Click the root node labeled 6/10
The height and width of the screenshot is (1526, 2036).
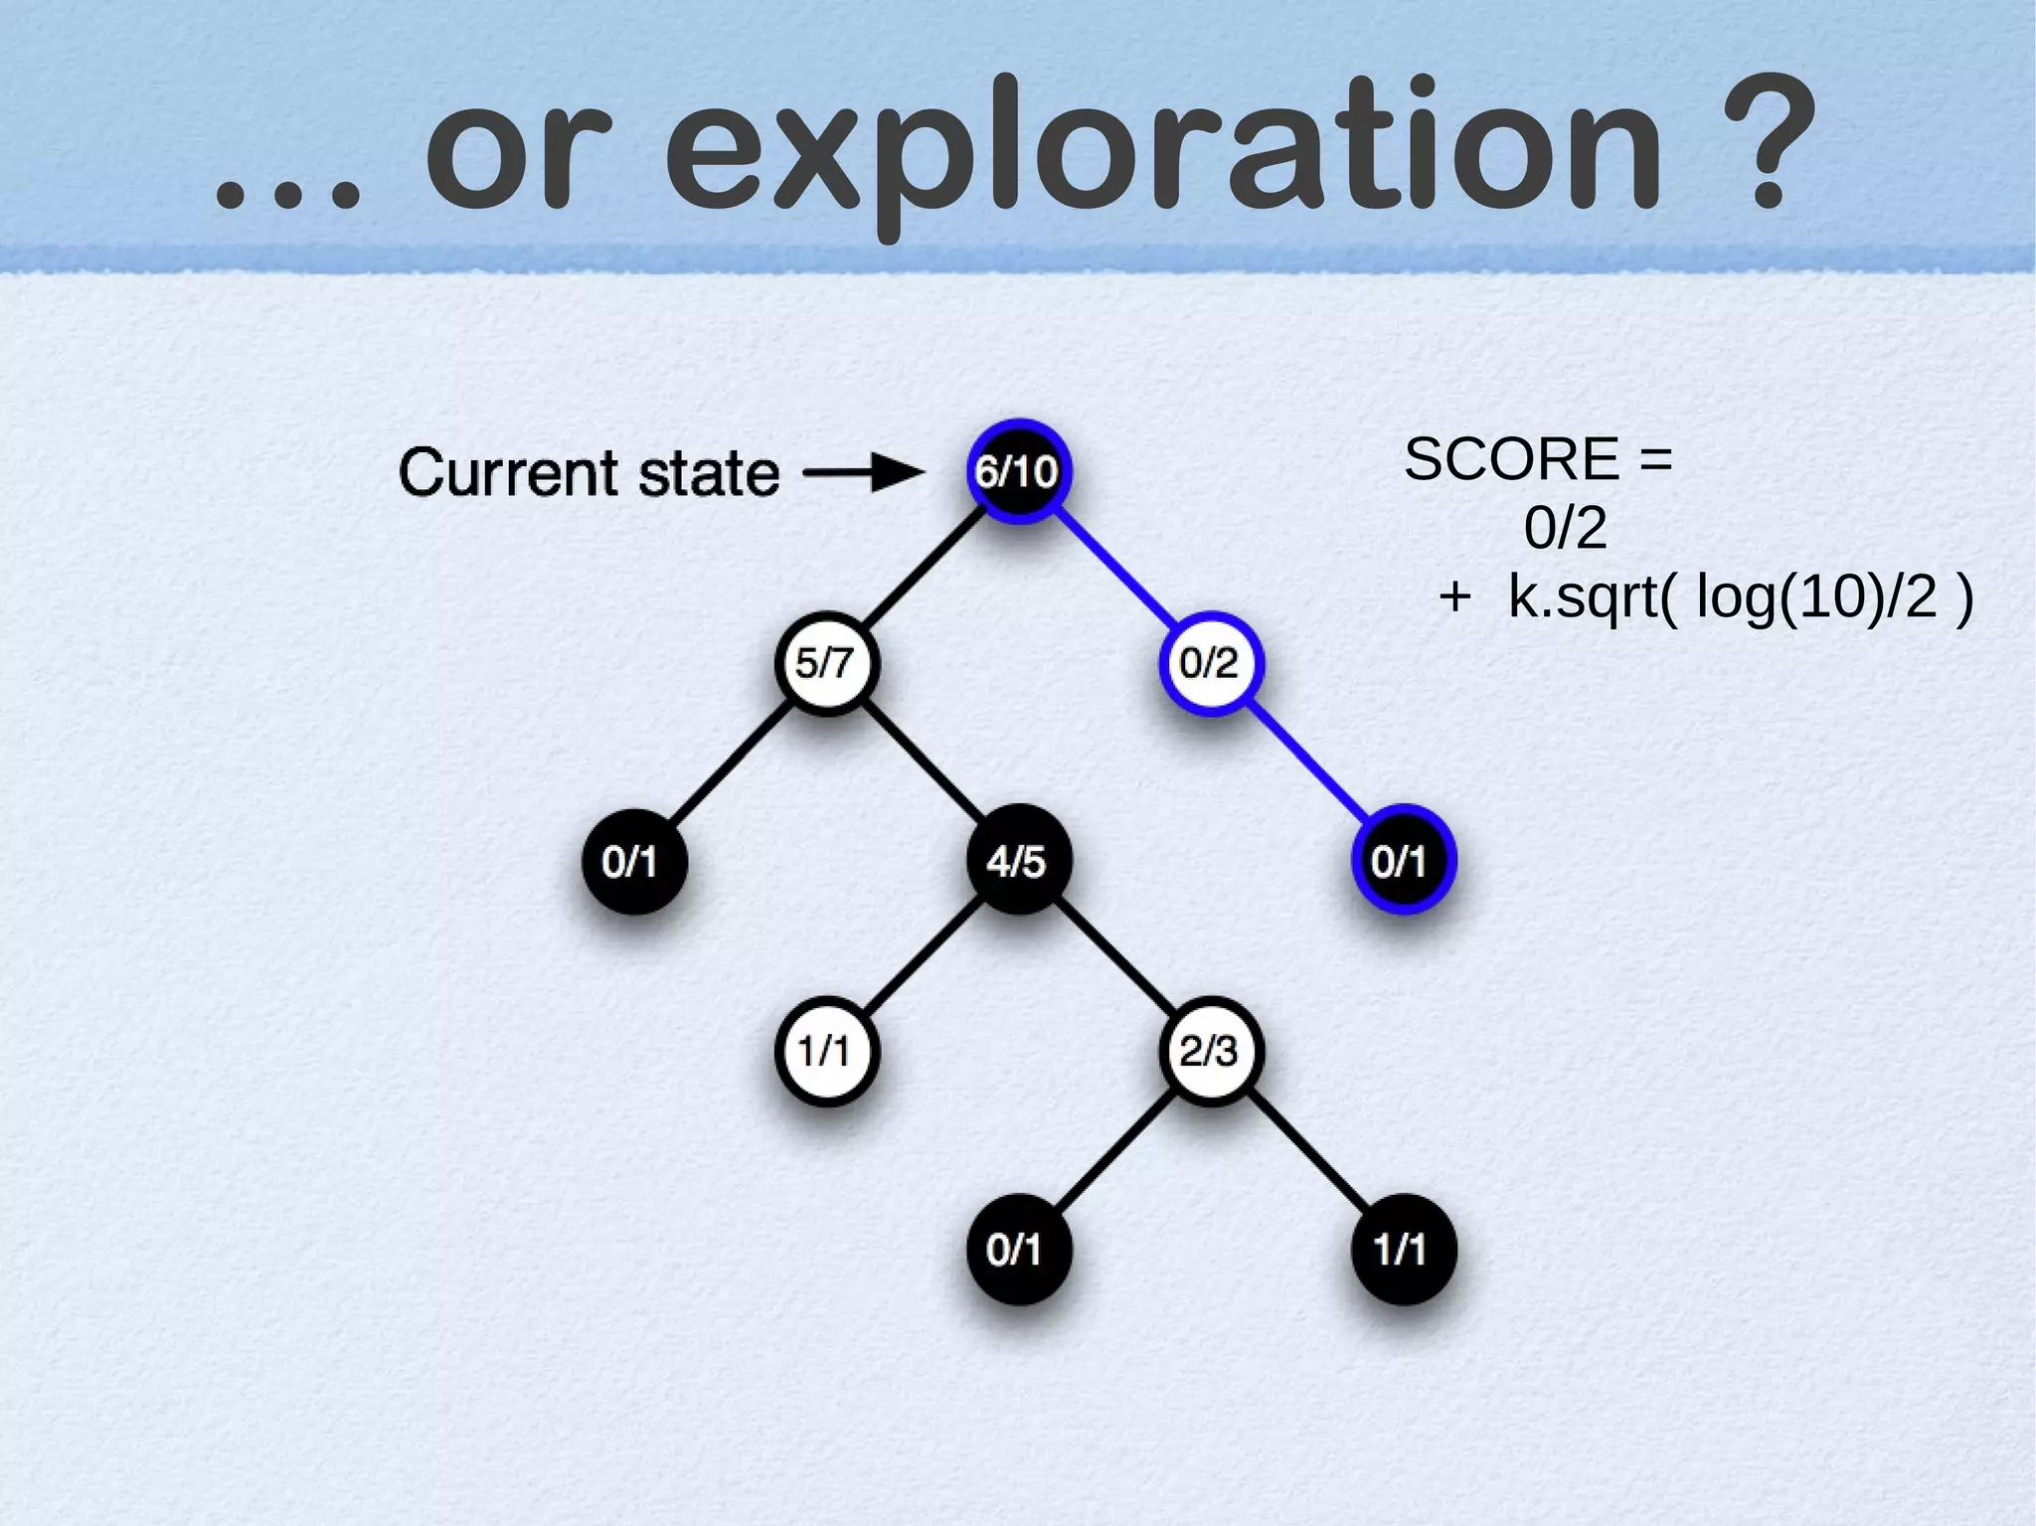click(1018, 470)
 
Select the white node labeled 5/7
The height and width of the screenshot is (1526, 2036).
click(826, 662)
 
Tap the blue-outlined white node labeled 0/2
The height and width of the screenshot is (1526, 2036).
click(1210, 662)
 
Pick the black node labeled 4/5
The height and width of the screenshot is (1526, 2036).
click(1018, 860)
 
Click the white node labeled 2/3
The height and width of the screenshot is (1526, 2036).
click(1210, 1051)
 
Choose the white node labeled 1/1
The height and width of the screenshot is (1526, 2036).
click(826, 1051)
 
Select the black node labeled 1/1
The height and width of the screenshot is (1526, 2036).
click(1402, 1249)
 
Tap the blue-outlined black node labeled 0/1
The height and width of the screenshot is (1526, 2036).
click(1402, 860)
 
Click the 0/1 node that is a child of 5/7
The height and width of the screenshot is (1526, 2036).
click(633, 860)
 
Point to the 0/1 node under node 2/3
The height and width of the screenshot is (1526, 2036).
click(1018, 1249)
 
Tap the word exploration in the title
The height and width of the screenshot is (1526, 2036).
click(1163, 149)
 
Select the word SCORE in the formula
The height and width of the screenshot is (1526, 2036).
click(1511, 459)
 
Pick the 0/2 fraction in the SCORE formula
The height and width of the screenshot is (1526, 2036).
click(1565, 527)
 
